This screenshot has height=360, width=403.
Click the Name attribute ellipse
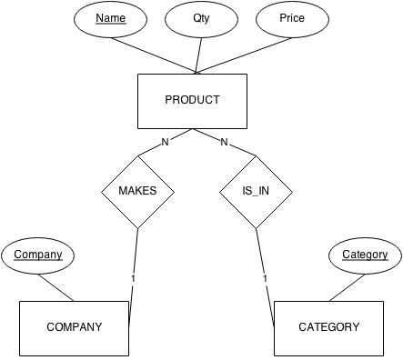click(109, 18)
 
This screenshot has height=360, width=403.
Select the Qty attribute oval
click(201, 18)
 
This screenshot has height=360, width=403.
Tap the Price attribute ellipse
click(292, 18)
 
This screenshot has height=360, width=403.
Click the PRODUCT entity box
click(192, 101)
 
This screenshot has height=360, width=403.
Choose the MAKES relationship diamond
click(137, 192)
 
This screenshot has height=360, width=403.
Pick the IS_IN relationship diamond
click(256, 192)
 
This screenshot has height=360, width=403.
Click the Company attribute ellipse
click(38, 255)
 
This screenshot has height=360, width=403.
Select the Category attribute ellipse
click(365, 255)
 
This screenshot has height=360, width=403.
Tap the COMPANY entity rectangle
click(74, 327)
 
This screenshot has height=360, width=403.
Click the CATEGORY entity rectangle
click(328, 327)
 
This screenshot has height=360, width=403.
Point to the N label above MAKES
click(165, 143)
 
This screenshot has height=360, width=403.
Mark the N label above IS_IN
click(224, 143)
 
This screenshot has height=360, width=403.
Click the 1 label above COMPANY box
click(134, 279)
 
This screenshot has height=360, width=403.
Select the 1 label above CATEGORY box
click(265, 279)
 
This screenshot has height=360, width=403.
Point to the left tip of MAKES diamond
click(102, 192)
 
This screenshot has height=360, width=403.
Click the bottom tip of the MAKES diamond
click(137, 227)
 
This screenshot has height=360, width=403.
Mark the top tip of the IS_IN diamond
click(256, 156)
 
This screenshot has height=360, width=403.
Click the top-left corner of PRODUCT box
click(138, 75)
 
